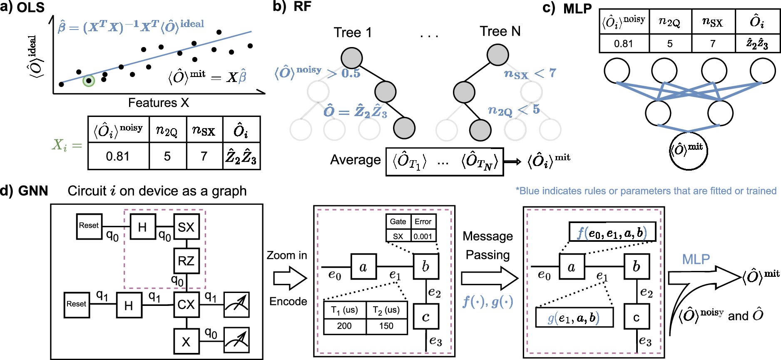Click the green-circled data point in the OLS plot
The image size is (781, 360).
89,80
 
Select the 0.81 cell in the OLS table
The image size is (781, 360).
118,156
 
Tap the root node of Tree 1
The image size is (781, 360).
351,58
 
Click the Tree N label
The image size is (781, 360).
500,31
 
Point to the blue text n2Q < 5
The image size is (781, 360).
513,110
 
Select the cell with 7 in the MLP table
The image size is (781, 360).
713,43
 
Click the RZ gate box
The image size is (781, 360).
186,261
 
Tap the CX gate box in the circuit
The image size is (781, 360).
186,305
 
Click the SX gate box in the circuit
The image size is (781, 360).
186,227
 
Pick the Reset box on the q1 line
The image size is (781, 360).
77,304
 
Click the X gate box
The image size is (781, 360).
186,342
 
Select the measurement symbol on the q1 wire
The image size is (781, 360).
236,305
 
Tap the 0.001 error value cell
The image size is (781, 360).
423,236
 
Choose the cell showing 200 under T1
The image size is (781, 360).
344,326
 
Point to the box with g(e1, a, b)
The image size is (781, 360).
574,318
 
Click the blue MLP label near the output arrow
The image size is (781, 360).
696,259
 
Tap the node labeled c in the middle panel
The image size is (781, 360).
425,317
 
